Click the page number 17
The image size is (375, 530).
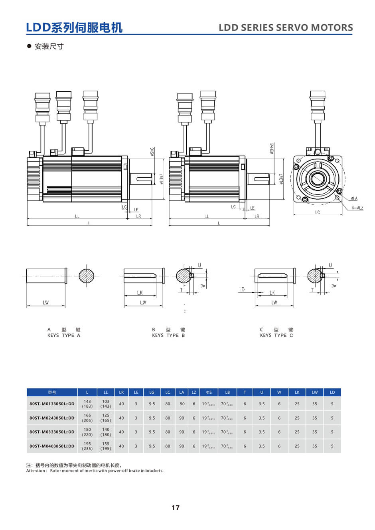(x=176, y=508)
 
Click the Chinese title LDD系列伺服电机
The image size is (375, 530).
(x=74, y=27)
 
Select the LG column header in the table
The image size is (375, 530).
(x=152, y=393)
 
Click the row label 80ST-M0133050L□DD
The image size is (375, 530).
(x=52, y=404)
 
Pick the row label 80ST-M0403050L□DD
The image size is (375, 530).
(x=52, y=446)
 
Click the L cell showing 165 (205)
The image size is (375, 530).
(x=87, y=418)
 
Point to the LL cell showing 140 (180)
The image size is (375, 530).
(x=106, y=432)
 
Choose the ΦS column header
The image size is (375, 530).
(x=209, y=393)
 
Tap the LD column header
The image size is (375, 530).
(x=332, y=393)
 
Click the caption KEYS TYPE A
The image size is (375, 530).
(x=64, y=336)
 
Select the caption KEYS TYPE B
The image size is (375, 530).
(x=168, y=336)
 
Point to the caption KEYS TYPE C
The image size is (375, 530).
(x=276, y=336)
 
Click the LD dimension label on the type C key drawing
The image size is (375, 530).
(x=242, y=290)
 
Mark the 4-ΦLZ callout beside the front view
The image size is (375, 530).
(x=357, y=208)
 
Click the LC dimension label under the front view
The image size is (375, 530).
(x=318, y=212)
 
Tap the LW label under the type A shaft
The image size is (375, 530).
(x=46, y=303)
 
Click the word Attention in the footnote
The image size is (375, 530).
(x=36, y=471)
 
